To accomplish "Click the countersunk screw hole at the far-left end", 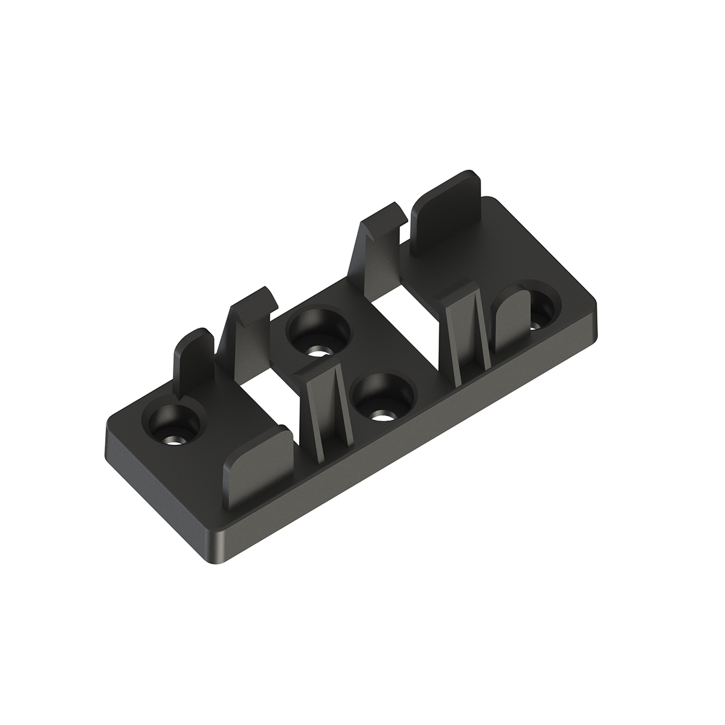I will click(x=173, y=425).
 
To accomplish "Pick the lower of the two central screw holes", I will click(x=384, y=399).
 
